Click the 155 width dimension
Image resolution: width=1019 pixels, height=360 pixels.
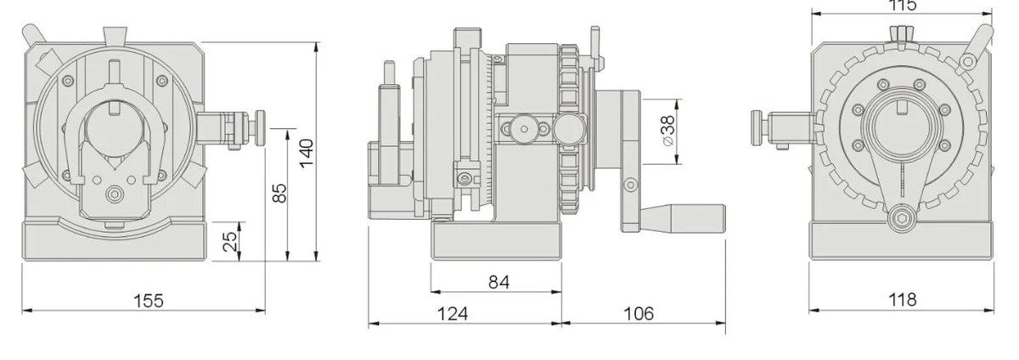point(148,300)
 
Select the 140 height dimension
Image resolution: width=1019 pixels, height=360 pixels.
point(307,150)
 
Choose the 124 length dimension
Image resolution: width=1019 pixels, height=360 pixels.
point(453,313)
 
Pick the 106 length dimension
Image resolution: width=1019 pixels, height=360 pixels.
point(638,313)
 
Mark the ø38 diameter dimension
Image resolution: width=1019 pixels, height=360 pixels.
point(667,132)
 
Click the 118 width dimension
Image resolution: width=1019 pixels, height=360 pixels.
point(904,299)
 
